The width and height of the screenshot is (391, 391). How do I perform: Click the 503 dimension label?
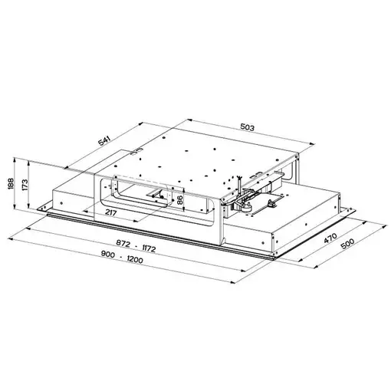248,127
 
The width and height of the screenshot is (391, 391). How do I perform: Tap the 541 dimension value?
104,141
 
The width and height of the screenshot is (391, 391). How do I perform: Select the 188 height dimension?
11,183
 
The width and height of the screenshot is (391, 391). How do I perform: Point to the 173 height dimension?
25,185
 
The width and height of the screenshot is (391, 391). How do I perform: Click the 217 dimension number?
110,212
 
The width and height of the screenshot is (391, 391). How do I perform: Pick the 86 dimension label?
179,200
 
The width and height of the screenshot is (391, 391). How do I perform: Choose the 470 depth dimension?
330,238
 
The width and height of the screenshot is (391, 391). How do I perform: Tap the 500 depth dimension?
347,244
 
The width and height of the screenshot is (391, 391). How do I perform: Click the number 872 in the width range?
123,242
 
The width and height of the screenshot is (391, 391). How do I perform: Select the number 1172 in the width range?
149,248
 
